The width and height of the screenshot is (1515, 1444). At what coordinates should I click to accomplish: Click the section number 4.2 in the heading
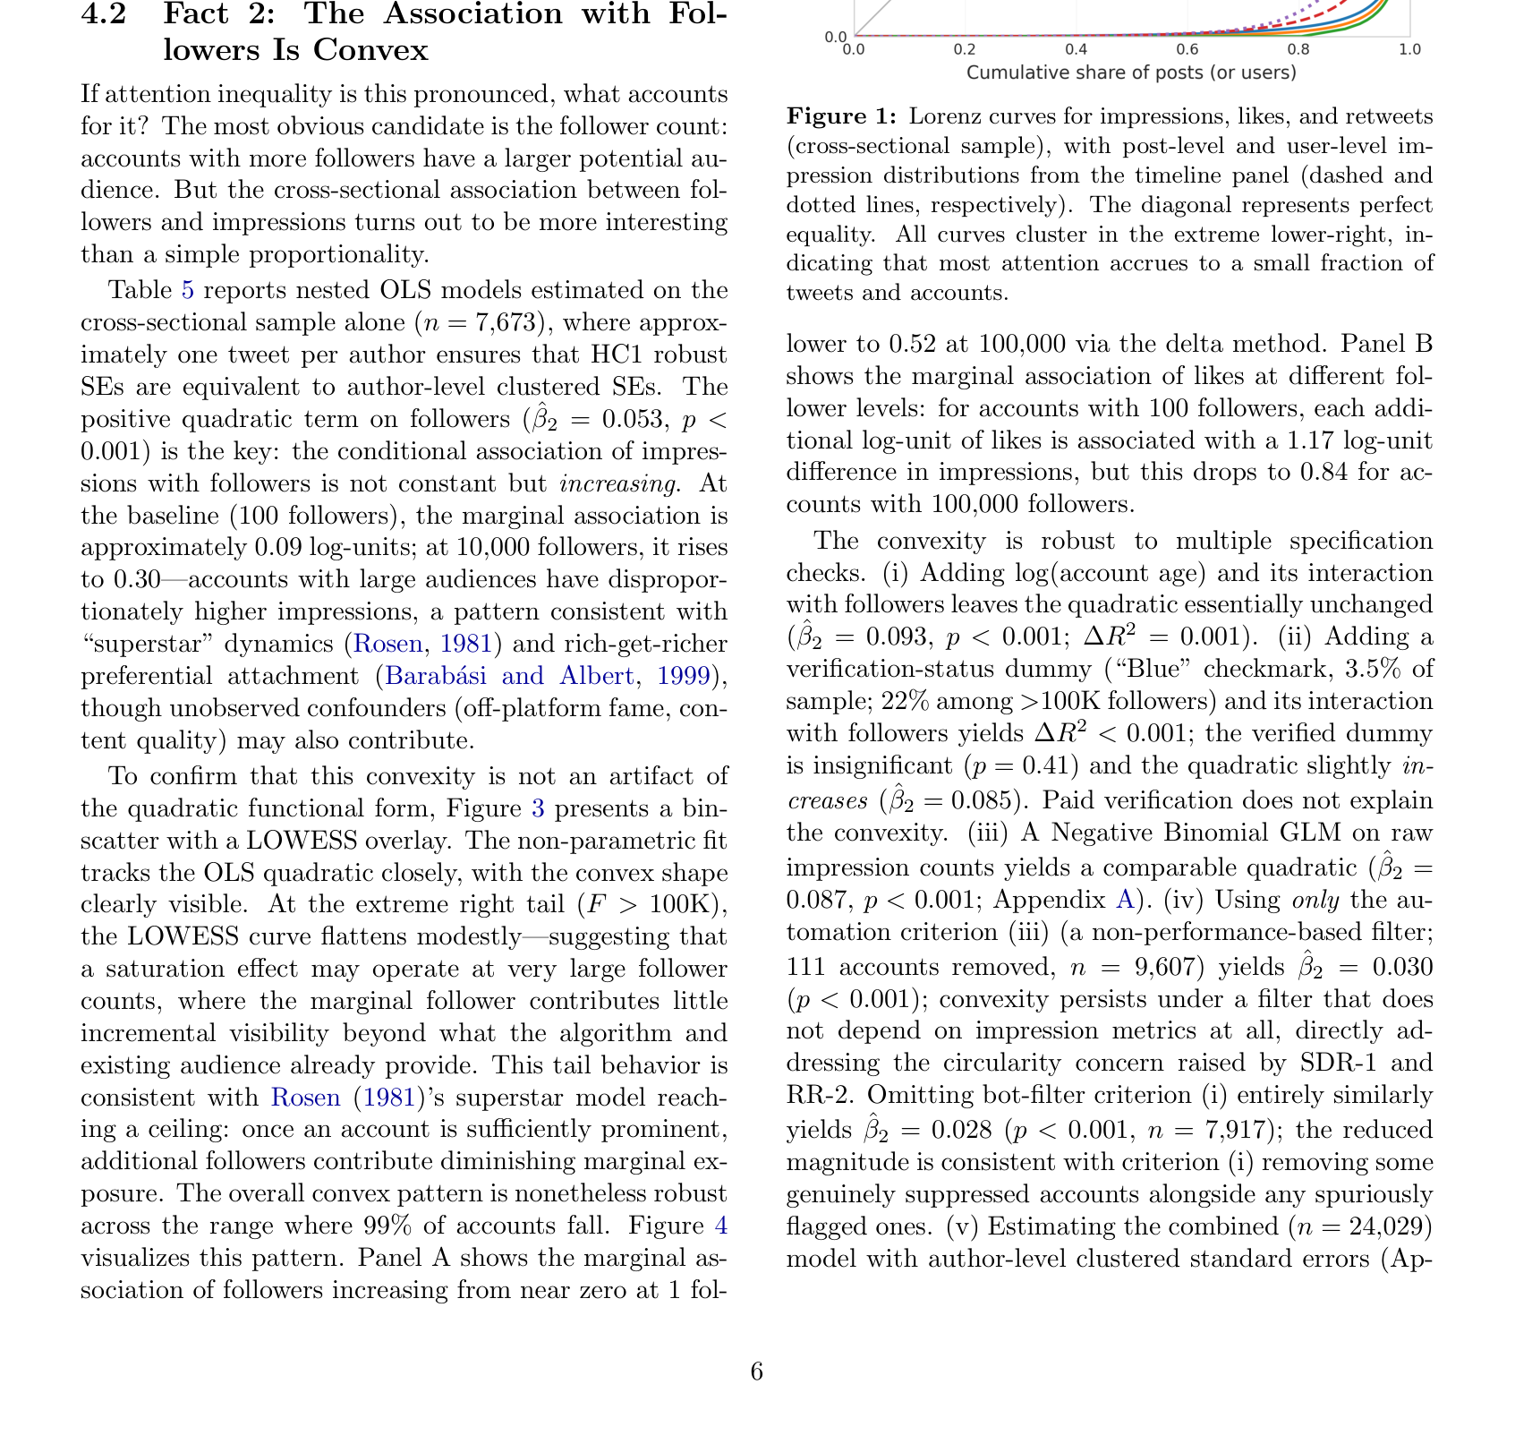104,15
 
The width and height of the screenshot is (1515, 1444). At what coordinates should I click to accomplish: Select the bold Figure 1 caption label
840,116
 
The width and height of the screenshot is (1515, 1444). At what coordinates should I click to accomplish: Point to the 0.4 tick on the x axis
1076,49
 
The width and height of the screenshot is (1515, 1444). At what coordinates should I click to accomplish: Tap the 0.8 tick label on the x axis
1298,49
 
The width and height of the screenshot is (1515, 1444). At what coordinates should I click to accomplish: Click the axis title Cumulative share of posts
1131,73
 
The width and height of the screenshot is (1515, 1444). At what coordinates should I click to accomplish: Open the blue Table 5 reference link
187,290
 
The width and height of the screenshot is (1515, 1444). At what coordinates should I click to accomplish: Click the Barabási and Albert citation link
508,676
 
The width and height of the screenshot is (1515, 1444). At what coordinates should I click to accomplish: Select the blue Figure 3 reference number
538,808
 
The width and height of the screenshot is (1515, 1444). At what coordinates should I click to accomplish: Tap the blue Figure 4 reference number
721,1226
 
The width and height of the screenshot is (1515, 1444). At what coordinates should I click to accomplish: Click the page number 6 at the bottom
757,1371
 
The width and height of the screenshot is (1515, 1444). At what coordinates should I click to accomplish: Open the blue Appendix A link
1123,900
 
